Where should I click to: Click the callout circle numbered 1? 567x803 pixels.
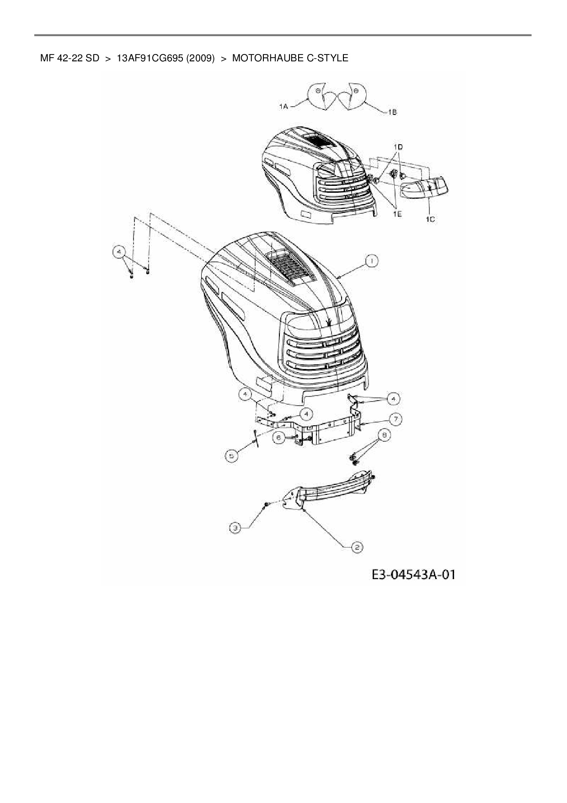coord(371,261)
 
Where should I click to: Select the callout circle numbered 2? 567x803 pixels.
coord(357,547)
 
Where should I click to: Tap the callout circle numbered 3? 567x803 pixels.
coord(235,528)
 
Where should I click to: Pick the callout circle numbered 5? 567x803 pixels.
coord(232,456)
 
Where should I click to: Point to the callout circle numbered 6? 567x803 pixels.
coord(278,438)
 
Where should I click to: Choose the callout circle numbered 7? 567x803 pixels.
coord(395,418)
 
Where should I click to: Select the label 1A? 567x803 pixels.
coord(283,106)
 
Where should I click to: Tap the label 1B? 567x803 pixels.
coord(392,112)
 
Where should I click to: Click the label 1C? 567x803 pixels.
coord(430,219)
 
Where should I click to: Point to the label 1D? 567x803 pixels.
coord(398,147)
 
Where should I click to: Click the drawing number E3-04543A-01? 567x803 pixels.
coord(413,575)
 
